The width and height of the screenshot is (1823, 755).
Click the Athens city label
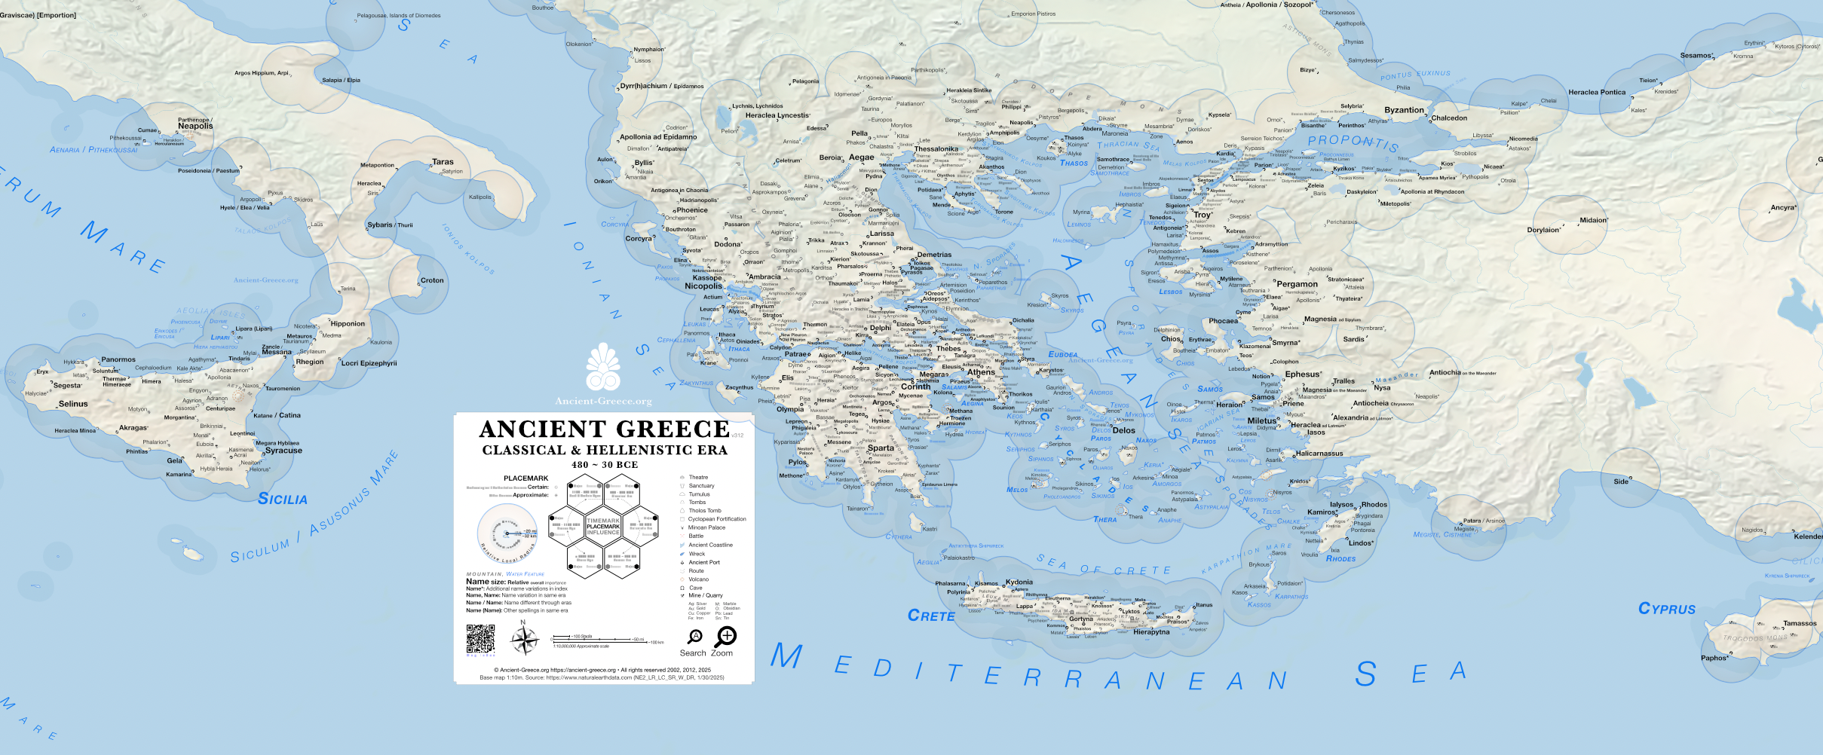coord(981,372)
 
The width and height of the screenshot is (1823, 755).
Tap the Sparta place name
coord(881,448)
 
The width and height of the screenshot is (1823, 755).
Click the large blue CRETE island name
coord(931,616)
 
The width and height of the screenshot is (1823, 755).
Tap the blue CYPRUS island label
coord(1666,609)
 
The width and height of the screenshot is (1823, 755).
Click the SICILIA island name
coord(282,499)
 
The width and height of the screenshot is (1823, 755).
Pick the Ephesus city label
coord(1302,374)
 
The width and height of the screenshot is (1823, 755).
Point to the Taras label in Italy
coord(443,162)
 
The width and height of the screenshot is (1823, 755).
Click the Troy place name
coord(1202,215)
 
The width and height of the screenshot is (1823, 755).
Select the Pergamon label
coord(1297,284)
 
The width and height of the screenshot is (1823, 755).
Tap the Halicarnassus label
coord(1319,454)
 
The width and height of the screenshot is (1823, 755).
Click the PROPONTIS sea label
coord(1353,142)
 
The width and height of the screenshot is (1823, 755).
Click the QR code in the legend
coord(480,639)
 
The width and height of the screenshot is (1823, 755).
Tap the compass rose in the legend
coord(524,640)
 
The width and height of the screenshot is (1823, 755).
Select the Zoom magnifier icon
coord(725,637)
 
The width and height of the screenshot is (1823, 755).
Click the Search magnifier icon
coord(694,637)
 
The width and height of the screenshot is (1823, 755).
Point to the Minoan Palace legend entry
coord(706,527)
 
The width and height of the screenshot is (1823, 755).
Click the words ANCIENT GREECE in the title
coord(604,429)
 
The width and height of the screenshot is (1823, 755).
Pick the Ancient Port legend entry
coord(703,562)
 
